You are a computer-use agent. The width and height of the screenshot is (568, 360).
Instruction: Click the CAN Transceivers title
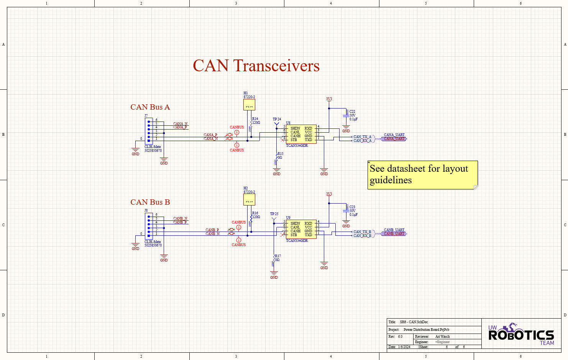pos(256,66)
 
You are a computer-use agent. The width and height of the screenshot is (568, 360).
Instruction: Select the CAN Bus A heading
pos(150,107)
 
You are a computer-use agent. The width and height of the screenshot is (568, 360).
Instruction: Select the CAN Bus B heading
pos(150,202)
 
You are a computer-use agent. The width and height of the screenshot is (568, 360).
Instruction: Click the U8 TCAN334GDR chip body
pos(301,134)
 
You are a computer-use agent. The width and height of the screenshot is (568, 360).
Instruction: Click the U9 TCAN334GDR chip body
pos(301,229)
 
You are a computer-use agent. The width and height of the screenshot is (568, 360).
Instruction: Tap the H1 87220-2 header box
pos(249,105)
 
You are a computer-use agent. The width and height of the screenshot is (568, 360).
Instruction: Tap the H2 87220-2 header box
pos(249,200)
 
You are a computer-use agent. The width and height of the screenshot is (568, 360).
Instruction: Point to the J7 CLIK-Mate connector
pos(149,131)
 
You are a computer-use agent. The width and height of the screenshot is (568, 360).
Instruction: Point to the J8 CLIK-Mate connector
pos(149,226)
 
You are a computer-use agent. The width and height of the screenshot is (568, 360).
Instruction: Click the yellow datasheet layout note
pos(422,175)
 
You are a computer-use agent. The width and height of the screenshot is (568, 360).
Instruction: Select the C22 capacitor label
pos(352,112)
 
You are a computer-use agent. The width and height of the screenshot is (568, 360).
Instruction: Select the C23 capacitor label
pos(352,207)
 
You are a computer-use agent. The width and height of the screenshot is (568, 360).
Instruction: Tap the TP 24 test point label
pos(277,119)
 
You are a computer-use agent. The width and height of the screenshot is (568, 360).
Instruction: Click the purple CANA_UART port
pos(394,139)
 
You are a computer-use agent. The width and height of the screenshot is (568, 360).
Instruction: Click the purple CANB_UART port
pos(394,234)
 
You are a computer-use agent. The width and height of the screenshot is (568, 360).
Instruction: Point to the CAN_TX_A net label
pos(362,136)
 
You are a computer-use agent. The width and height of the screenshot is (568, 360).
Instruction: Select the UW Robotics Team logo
pos(521,334)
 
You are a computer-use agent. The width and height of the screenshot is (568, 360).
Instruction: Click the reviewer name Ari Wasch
pos(442,337)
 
